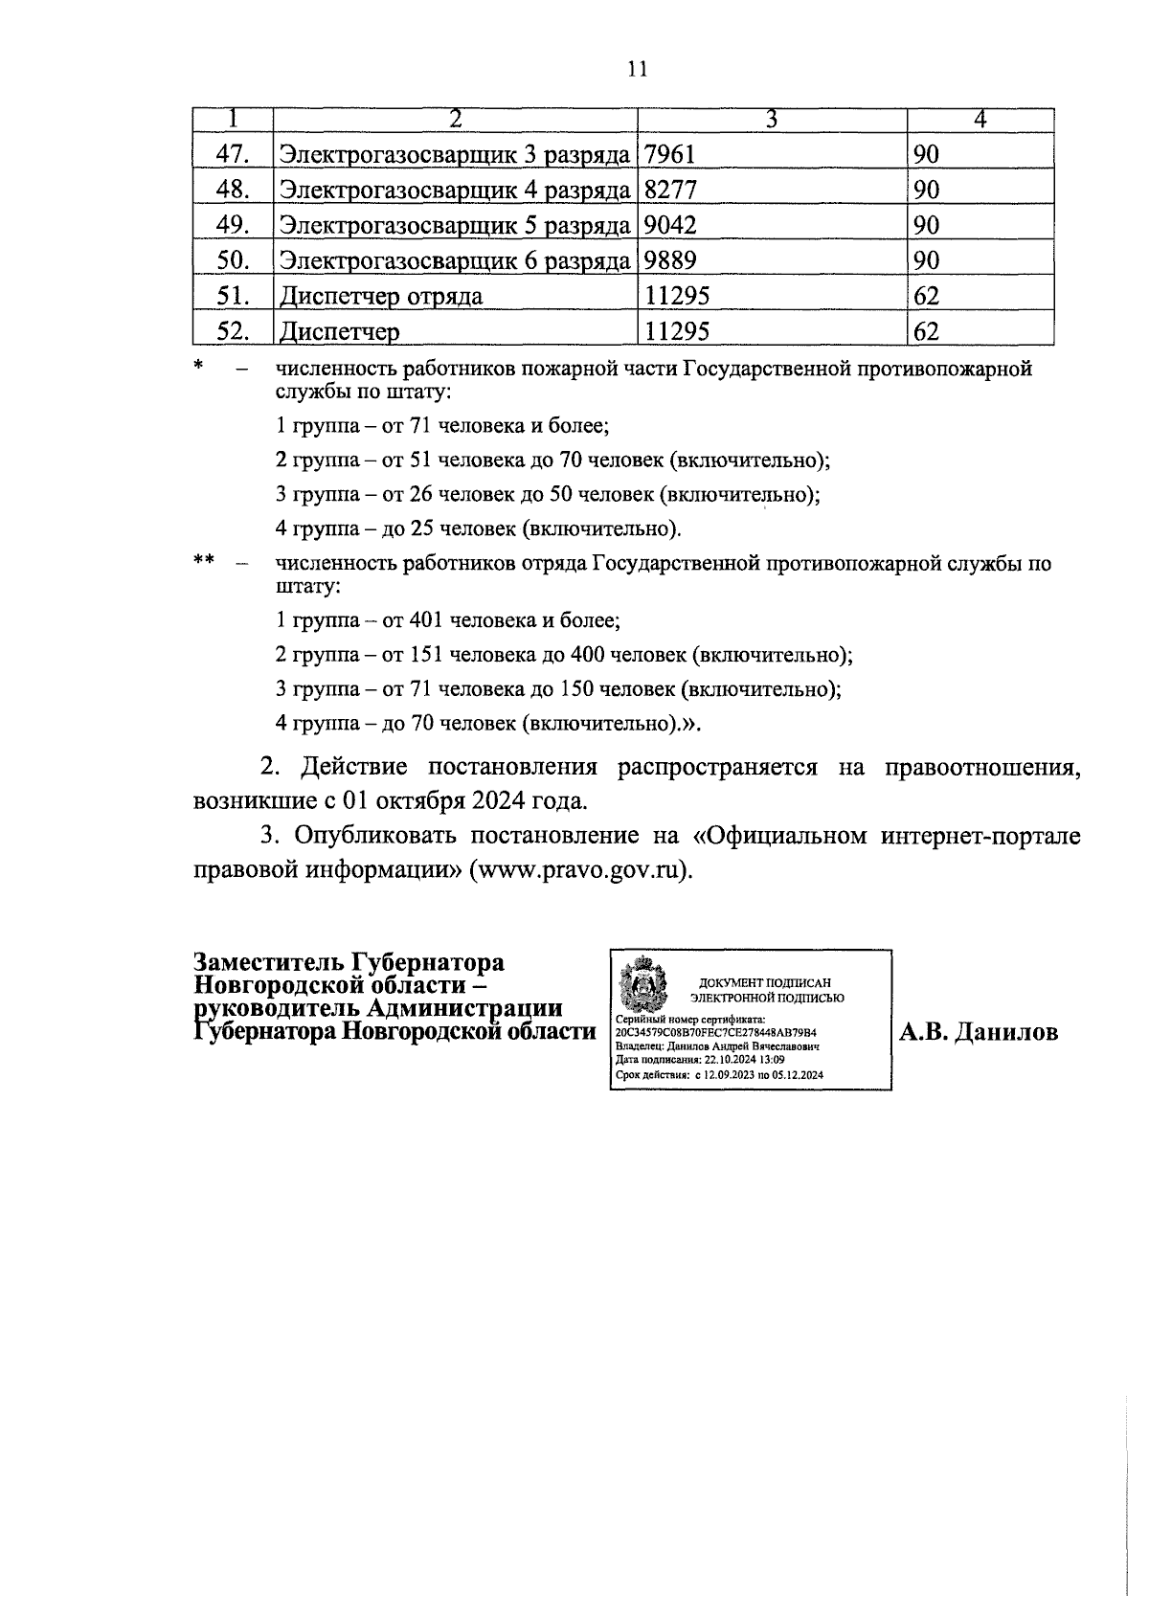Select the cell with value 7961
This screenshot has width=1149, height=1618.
670,154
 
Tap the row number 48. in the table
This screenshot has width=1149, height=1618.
233,190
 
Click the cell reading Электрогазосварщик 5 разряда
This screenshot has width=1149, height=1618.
454,225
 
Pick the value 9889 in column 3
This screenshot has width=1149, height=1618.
671,260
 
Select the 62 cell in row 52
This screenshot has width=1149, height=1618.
926,331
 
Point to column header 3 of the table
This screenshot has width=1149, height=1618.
772,120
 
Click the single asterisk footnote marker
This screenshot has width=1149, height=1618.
198,365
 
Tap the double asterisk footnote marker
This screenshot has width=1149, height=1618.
203,561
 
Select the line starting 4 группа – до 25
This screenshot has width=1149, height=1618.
478,528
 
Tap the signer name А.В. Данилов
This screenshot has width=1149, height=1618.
978,1032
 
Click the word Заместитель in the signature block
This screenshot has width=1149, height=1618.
270,962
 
